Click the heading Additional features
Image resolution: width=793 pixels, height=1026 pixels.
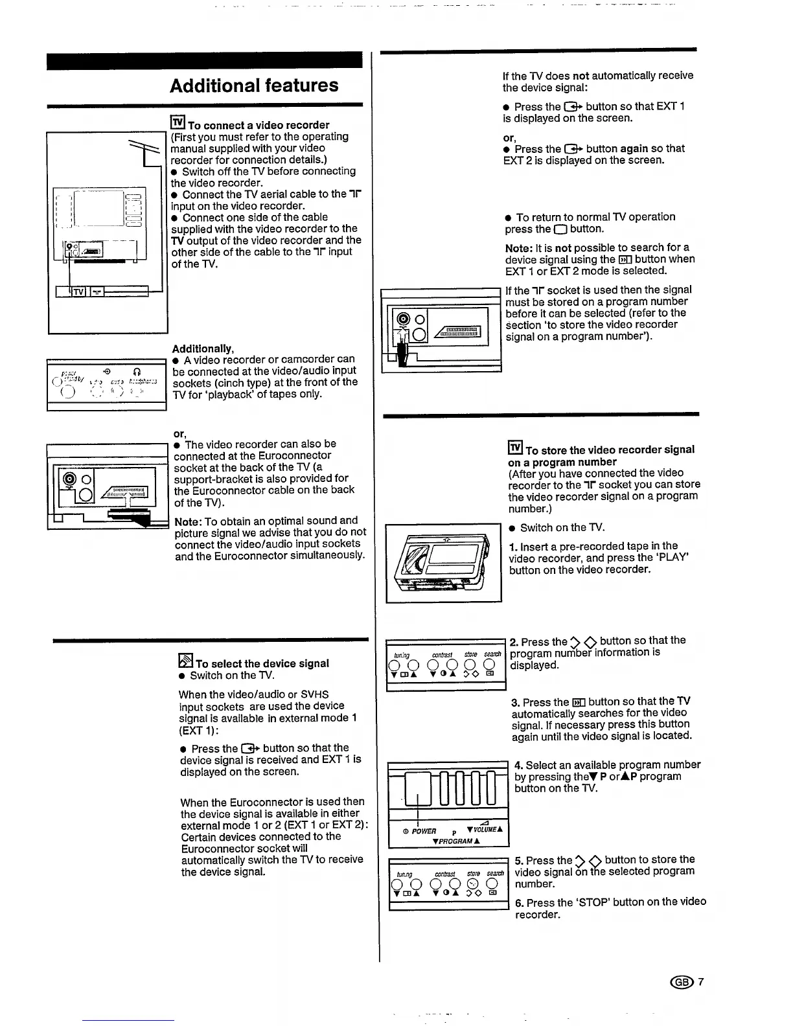click(x=254, y=85)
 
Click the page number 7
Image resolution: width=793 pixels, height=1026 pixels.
click(x=700, y=982)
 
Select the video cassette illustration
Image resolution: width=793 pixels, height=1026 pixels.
click(x=443, y=563)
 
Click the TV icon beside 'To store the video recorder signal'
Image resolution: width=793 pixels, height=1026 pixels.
click(x=515, y=448)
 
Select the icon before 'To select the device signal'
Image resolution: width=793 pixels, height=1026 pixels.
click(x=185, y=661)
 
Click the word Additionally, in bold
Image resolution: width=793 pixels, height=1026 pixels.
click(x=203, y=348)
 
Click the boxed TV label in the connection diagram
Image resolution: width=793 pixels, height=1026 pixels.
click(x=78, y=292)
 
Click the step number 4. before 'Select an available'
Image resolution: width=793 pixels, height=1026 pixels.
click(x=518, y=765)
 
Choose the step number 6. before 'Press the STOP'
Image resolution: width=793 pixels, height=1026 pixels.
click(x=519, y=902)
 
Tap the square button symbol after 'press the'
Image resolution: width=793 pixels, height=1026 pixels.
click(x=560, y=229)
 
